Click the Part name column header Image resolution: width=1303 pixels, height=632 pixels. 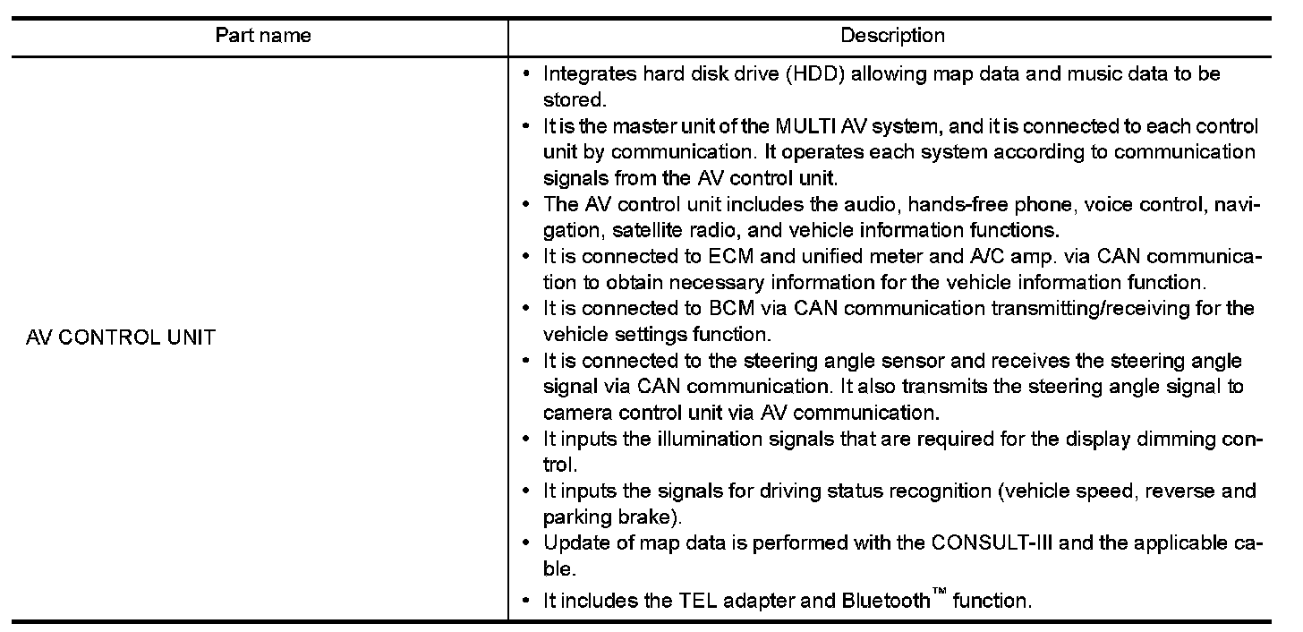tap(263, 36)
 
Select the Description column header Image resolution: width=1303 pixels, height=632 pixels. tap(891, 36)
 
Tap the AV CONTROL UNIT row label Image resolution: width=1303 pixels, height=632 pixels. tap(121, 338)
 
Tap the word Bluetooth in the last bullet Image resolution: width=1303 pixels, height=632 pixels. tap(886, 601)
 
